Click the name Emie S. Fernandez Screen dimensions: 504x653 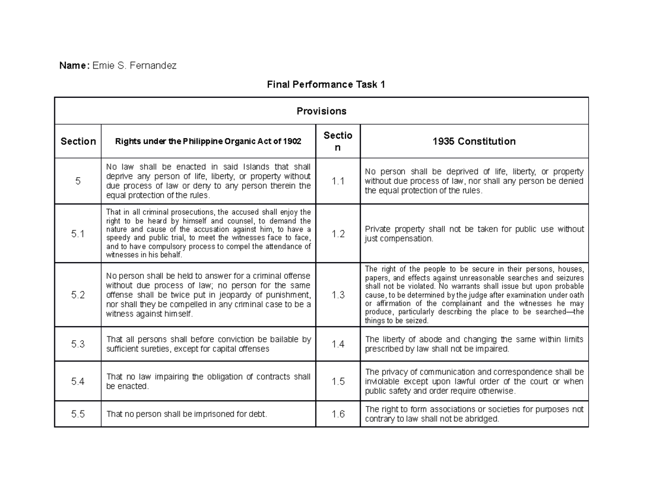pyautogui.click(x=134, y=66)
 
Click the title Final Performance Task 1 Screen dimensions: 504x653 pyautogui.click(x=325, y=84)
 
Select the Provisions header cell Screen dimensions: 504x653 pyautogui.click(x=321, y=111)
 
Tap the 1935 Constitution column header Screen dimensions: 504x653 pyautogui.click(x=474, y=141)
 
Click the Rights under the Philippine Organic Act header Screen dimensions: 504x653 pyautogui.click(x=208, y=141)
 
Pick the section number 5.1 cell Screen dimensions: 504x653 pyautogui.click(x=78, y=234)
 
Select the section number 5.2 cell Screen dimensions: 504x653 pyautogui.click(x=78, y=295)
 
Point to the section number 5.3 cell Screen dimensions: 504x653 pyautogui.click(x=78, y=344)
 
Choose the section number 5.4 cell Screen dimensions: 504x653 pyautogui.click(x=78, y=382)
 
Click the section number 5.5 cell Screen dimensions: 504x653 pyautogui.click(x=78, y=414)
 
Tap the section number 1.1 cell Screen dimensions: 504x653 pyautogui.click(x=338, y=181)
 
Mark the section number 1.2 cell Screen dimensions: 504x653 pyautogui.click(x=338, y=234)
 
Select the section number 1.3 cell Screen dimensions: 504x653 pyautogui.click(x=338, y=295)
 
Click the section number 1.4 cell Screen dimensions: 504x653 pyautogui.click(x=338, y=344)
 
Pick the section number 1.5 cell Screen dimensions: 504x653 pyautogui.click(x=338, y=382)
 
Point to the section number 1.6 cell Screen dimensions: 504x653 pyautogui.click(x=338, y=414)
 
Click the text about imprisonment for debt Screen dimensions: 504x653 pyautogui.click(x=187, y=414)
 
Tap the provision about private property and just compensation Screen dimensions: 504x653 pyautogui.click(x=474, y=234)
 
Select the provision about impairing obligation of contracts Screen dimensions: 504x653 pyautogui.click(x=208, y=382)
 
